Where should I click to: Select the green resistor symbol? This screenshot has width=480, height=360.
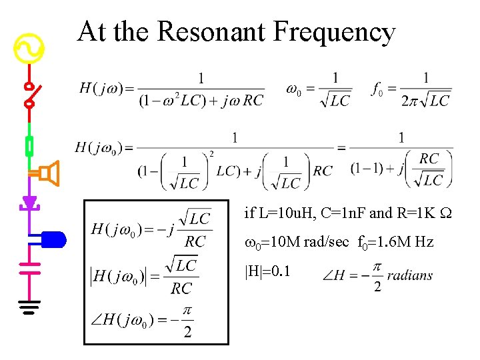29,146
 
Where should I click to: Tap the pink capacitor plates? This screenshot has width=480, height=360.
29,268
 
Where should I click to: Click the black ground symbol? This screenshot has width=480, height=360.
29,308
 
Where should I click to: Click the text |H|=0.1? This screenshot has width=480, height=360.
267,271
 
